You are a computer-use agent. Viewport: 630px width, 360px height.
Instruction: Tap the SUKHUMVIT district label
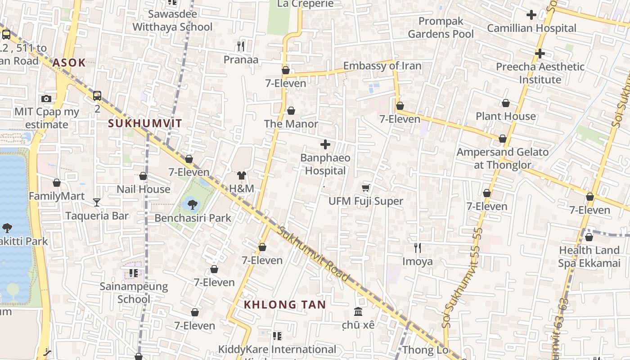145,123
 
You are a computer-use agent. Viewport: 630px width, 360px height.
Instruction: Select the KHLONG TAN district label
285,305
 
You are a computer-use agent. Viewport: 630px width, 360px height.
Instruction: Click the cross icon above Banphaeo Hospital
325,144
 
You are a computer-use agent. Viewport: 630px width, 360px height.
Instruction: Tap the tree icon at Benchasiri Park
193,204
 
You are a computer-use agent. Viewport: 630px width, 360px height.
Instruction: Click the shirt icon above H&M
242,175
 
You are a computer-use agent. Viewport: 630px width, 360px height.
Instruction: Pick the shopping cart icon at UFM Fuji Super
366,188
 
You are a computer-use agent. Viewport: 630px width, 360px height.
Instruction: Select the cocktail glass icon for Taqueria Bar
97,202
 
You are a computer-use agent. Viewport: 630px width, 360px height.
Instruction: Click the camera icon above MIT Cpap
46,99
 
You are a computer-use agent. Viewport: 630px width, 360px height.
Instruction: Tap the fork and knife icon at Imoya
418,247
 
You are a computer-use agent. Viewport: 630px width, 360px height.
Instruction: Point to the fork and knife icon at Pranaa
241,46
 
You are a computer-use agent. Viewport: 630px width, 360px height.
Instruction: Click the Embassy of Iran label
382,66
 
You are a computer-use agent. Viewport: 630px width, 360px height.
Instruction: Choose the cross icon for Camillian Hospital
531,15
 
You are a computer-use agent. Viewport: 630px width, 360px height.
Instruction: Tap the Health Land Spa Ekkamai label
589,256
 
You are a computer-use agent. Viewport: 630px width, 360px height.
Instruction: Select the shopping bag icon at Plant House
506,103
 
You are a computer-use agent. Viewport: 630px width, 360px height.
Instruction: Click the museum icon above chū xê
358,311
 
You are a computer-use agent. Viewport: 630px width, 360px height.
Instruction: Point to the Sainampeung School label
134,292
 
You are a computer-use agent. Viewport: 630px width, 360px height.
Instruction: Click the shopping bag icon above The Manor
291,110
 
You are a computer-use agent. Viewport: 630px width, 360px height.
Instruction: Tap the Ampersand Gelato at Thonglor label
503,158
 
